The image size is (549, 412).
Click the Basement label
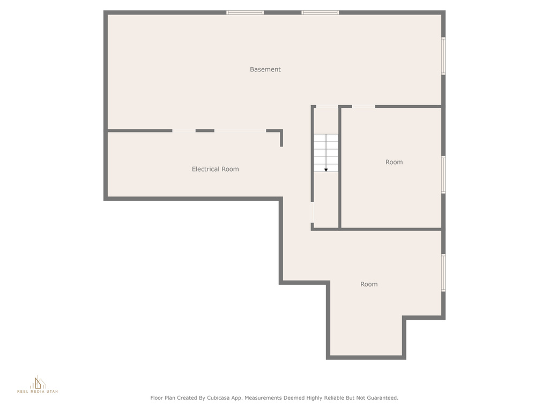click(x=265, y=69)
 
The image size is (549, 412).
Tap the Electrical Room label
click(x=216, y=169)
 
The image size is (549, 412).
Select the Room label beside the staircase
click(x=394, y=162)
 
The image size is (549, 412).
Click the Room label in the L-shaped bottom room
click(x=369, y=284)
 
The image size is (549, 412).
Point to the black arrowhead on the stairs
click(x=326, y=170)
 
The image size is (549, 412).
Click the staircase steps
click(x=326, y=153)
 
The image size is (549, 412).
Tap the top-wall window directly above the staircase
click(x=320, y=13)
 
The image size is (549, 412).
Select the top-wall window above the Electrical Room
click(x=245, y=13)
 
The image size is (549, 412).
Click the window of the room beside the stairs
click(x=443, y=174)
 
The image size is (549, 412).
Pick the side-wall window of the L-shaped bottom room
click(x=443, y=273)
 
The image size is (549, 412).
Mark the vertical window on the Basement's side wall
click(x=443, y=56)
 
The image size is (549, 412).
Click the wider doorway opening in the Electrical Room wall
click(x=240, y=131)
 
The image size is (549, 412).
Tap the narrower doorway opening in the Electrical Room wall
click(x=184, y=131)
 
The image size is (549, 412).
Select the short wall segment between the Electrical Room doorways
click(x=205, y=131)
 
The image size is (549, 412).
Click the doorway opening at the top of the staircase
click(x=327, y=107)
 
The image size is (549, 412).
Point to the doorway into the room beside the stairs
click(x=363, y=107)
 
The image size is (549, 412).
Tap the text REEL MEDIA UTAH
click(x=38, y=391)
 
